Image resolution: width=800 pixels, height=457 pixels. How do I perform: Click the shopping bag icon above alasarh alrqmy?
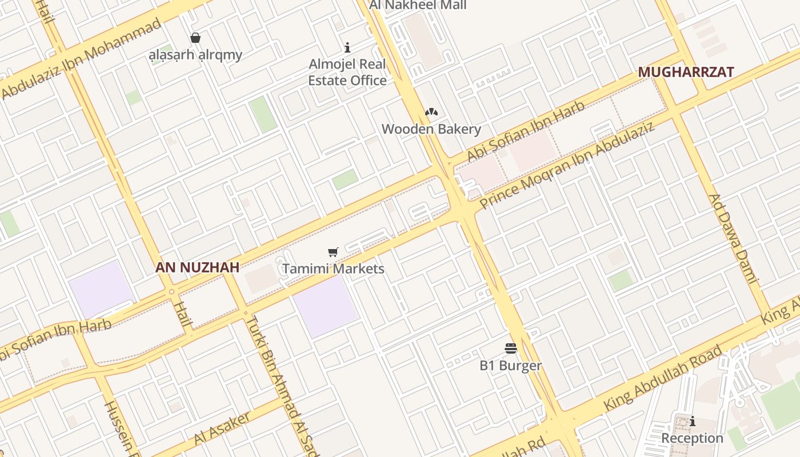tap(195, 38)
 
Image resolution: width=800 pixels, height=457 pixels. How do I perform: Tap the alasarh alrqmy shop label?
tap(195, 55)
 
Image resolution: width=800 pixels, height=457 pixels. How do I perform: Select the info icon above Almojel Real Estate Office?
tap(347, 48)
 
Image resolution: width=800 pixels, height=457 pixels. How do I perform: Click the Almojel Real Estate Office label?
tap(347, 72)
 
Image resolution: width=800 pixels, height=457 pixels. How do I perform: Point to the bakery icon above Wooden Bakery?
tap(431, 113)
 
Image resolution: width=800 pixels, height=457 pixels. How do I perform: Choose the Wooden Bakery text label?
tap(431, 129)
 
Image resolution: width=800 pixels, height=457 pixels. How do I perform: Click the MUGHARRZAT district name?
tap(686, 73)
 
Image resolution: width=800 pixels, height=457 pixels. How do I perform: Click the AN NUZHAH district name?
tap(197, 267)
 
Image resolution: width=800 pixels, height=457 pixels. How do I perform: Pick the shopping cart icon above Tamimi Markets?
tap(333, 252)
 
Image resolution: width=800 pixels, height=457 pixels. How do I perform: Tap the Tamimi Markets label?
tap(333, 268)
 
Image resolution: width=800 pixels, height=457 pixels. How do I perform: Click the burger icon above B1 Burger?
tap(511, 348)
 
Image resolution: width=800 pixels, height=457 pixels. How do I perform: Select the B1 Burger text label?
tap(511, 366)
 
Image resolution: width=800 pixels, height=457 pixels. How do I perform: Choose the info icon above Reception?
tap(693, 422)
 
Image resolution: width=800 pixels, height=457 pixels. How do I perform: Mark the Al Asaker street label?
tap(222, 428)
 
